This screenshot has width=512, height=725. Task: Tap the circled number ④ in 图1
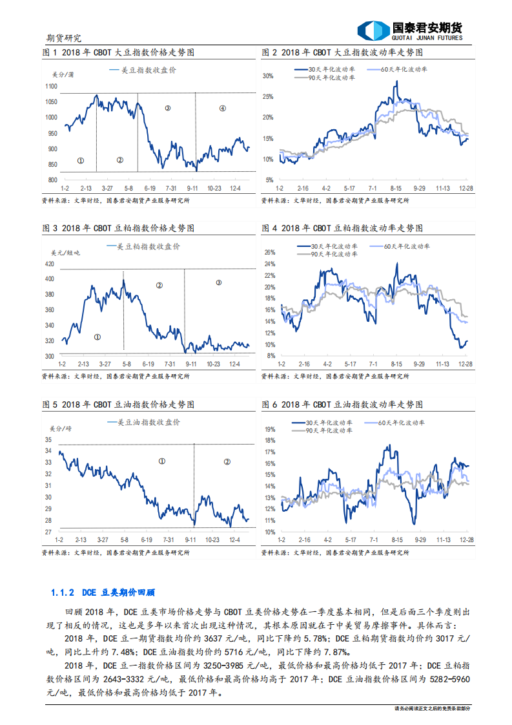click(x=223, y=108)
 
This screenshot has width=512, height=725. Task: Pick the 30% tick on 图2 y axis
click(x=269, y=76)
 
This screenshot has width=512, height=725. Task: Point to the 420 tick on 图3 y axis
click(x=49, y=264)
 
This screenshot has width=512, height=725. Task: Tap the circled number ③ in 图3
click(x=218, y=282)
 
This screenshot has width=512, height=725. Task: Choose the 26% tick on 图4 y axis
click(x=271, y=253)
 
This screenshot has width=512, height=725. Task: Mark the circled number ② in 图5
click(x=227, y=461)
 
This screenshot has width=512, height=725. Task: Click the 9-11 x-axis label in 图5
click(x=190, y=538)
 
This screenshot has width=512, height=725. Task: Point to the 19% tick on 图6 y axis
click(x=271, y=428)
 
